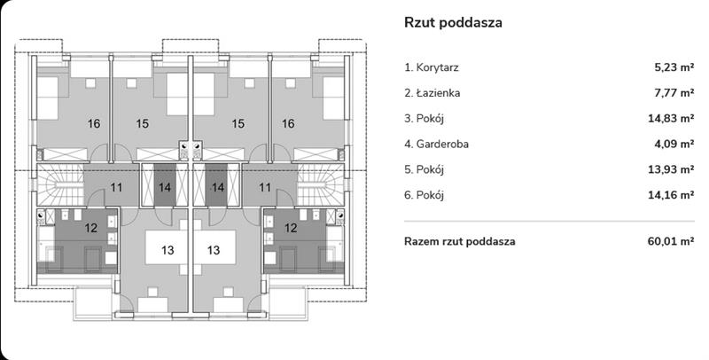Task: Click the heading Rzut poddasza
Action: tap(453, 23)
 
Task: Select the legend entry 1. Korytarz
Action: tap(432, 67)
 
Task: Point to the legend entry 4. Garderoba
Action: tap(437, 144)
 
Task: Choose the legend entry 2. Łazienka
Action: tap(432, 92)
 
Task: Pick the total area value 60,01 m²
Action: tap(671, 241)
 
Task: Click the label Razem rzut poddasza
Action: tap(459, 241)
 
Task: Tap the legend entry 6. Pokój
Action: tap(424, 195)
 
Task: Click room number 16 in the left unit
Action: tap(94, 124)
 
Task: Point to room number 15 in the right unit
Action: tap(238, 124)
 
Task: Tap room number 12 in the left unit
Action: tap(90, 228)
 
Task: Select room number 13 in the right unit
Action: tap(214, 250)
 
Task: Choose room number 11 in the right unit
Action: tap(263, 188)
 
